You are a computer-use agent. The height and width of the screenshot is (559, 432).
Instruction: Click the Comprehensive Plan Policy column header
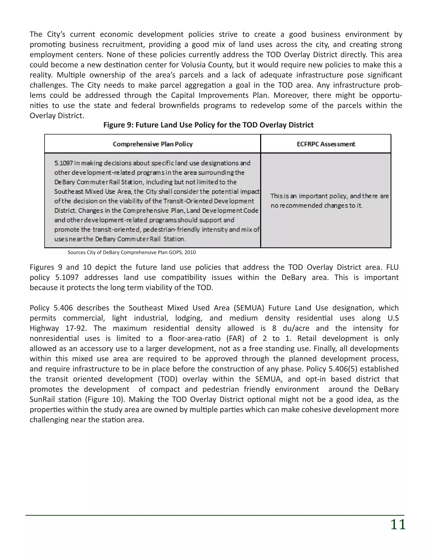tap(153, 144)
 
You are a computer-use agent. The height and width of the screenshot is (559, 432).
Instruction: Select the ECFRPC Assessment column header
tap(326, 144)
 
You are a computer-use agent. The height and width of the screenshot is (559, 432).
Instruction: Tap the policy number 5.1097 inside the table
tap(63, 163)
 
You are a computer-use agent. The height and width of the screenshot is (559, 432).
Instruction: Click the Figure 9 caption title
tap(208, 125)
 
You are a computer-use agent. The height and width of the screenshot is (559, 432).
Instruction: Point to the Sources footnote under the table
tap(132, 252)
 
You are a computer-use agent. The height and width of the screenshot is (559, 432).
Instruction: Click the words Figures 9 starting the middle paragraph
tap(46, 267)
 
